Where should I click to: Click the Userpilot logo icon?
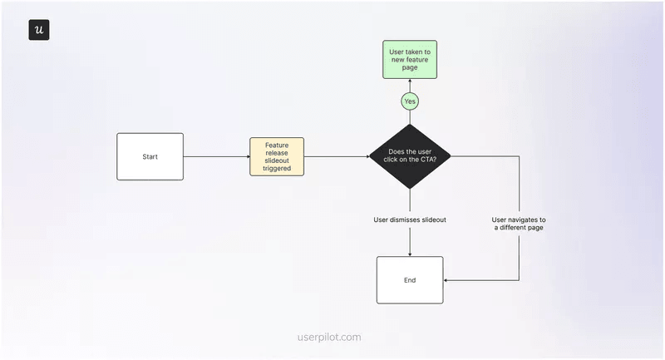coord(39,30)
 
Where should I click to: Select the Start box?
coord(150,156)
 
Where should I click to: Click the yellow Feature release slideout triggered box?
coord(277,156)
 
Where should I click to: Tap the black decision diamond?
coord(409,156)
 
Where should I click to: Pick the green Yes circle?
coord(409,101)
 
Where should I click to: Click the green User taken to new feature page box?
coord(409,60)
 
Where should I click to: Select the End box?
coord(409,280)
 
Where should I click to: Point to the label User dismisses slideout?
coord(409,219)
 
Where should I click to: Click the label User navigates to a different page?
coord(519,223)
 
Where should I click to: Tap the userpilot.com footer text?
coord(329,338)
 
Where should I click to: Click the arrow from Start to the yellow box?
coord(216,156)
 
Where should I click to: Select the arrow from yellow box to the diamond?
coord(336,156)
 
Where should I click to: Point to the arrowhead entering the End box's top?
coord(409,253)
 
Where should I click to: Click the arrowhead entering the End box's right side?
coord(447,280)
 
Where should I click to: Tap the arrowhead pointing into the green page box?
coord(409,82)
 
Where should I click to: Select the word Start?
coord(150,156)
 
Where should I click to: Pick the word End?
coord(409,280)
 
